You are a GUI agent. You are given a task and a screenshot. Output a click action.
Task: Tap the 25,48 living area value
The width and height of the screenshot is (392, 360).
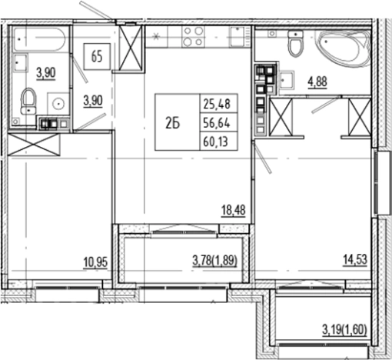pyautogui.click(x=218, y=104)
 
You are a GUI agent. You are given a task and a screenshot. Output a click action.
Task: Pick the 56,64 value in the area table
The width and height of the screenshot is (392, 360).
pyautogui.click(x=218, y=122)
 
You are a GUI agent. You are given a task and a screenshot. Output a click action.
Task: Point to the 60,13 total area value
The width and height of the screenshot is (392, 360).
pyautogui.click(x=218, y=139)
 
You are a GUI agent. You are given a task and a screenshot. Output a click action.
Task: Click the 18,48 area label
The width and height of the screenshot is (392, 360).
pyautogui.click(x=233, y=208)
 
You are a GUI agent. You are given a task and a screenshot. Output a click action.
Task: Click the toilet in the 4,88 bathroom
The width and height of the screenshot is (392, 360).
pyautogui.click(x=294, y=47)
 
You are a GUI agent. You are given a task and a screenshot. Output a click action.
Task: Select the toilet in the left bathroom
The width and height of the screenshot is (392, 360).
pyautogui.click(x=29, y=100)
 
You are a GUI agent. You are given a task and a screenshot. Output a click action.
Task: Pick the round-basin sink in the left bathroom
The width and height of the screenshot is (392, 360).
pyautogui.click(x=57, y=103)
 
